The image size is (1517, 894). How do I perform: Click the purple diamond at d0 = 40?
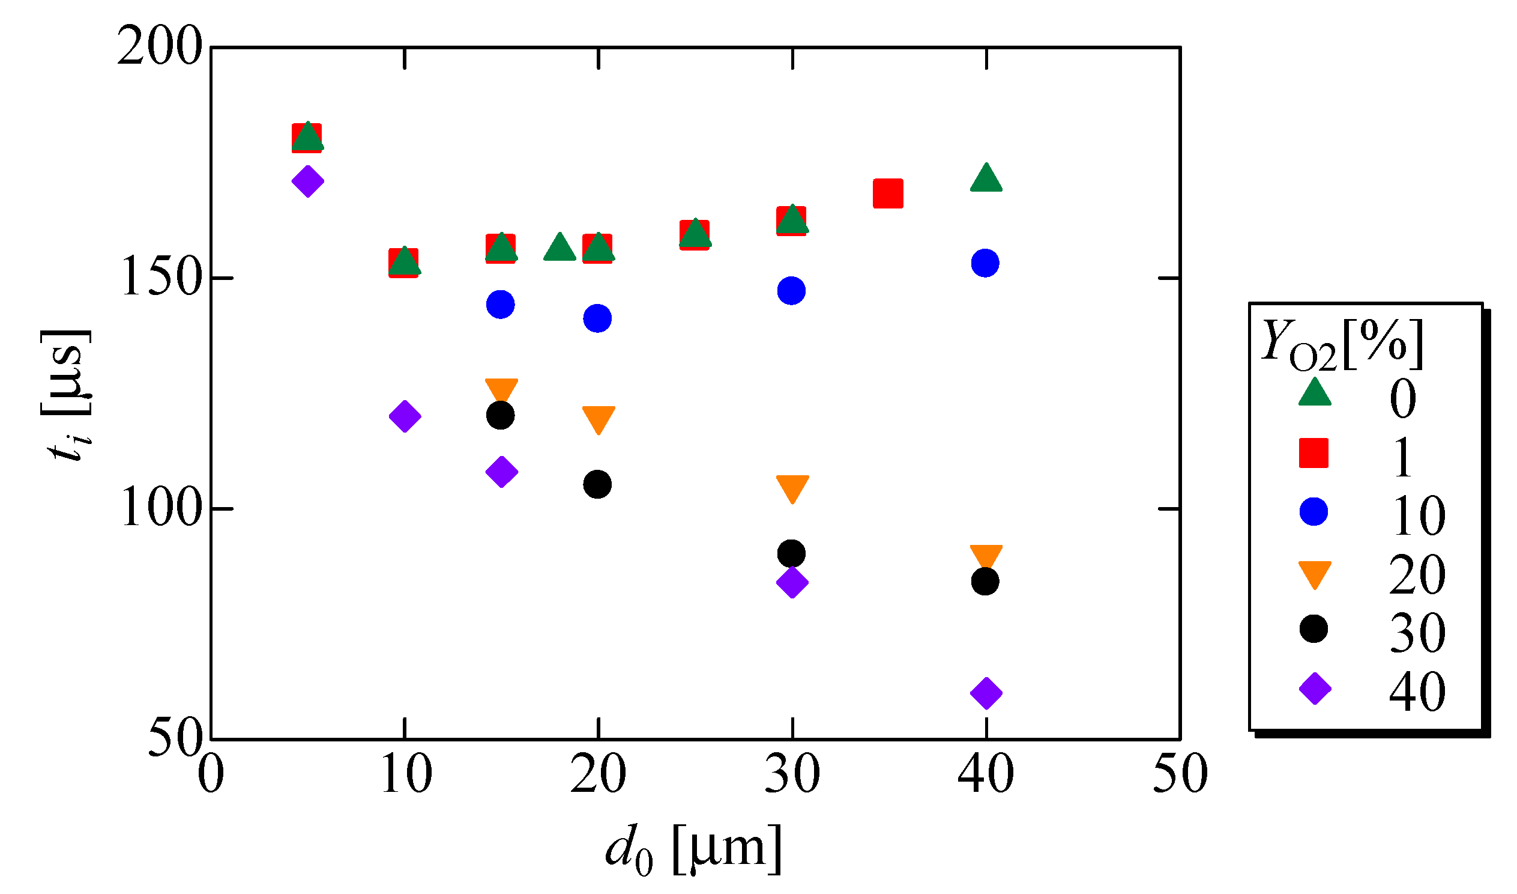click(986, 693)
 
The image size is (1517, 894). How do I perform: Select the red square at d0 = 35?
click(888, 193)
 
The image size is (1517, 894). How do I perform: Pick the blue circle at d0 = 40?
click(986, 263)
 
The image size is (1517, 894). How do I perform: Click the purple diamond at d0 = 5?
click(307, 181)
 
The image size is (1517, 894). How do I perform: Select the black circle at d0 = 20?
click(597, 484)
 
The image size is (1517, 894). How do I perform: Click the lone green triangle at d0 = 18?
click(560, 248)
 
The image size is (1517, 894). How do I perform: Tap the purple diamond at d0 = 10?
click(405, 416)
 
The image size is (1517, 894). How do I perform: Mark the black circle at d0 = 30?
click(791, 553)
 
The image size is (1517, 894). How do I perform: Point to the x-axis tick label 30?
click(792, 774)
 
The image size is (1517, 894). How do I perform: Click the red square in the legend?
click(1313, 453)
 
